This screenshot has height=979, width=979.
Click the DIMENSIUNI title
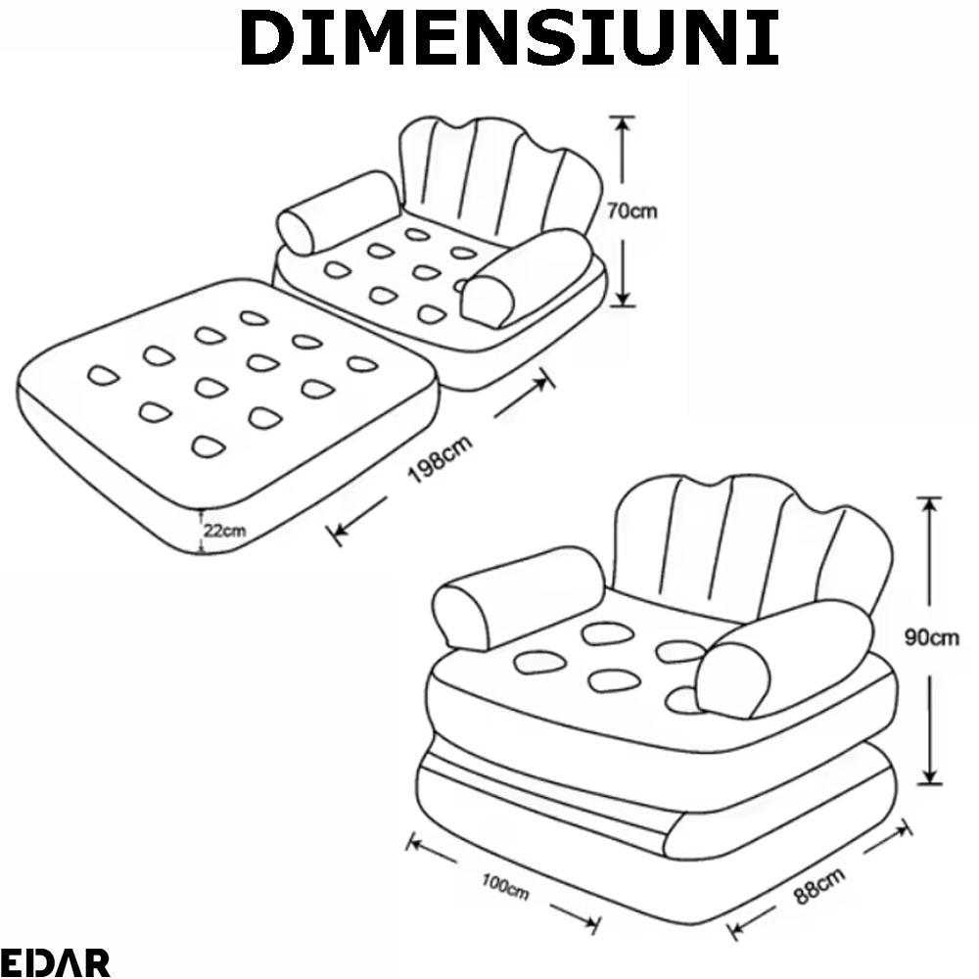point(509,38)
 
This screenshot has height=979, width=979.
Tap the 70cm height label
point(631,211)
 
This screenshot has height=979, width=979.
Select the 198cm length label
point(441,459)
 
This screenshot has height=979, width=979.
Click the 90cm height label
point(932,637)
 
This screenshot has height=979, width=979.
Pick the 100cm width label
point(505,887)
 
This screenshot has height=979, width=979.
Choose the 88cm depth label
point(819,885)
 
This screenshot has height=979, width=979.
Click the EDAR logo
point(55,962)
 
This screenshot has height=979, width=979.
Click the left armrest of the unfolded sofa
point(338,212)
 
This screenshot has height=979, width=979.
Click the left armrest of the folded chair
point(518,598)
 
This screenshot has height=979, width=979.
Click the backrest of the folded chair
point(752,549)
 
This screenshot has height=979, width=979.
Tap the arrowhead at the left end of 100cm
point(418,844)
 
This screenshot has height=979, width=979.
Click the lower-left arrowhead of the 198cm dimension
point(341,532)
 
